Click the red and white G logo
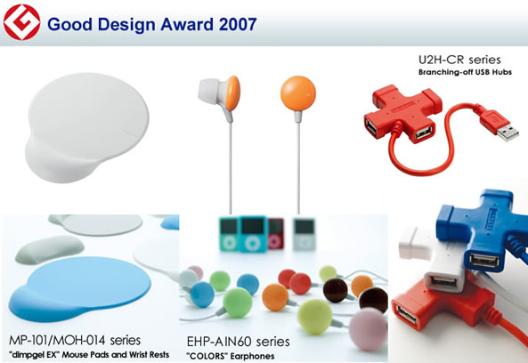coord(22,22)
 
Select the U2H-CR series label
coord(459,60)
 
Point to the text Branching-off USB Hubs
coord(465,72)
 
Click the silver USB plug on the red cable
coord(508,133)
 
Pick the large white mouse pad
coord(86,127)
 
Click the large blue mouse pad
coord(80,288)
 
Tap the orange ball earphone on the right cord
coord(298,93)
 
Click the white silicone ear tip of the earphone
coord(208,90)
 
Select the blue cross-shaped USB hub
coord(483,228)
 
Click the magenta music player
coord(276,234)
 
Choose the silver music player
coord(305,235)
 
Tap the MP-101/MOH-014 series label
coord(75,340)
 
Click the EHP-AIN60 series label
coord(238,342)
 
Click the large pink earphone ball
coord(368,329)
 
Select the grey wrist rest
coord(50,249)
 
